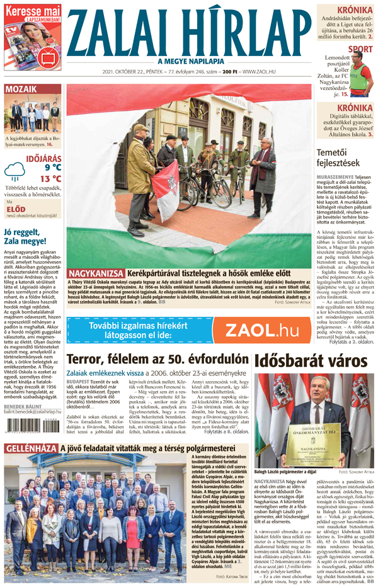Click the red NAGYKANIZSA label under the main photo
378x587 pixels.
(x=96, y=273)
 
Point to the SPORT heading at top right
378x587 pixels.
(x=360, y=48)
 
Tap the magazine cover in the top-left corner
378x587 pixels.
(x=32, y=41)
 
